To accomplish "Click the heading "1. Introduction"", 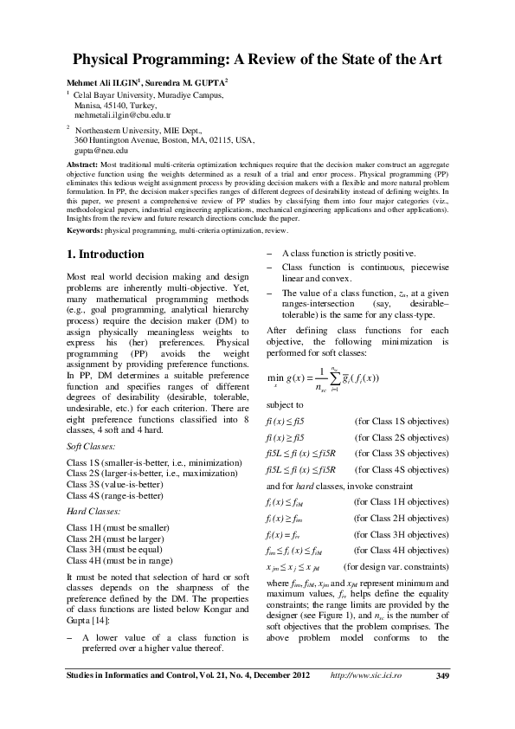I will pos(106,255).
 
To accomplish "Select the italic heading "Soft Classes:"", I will pos(90,447).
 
